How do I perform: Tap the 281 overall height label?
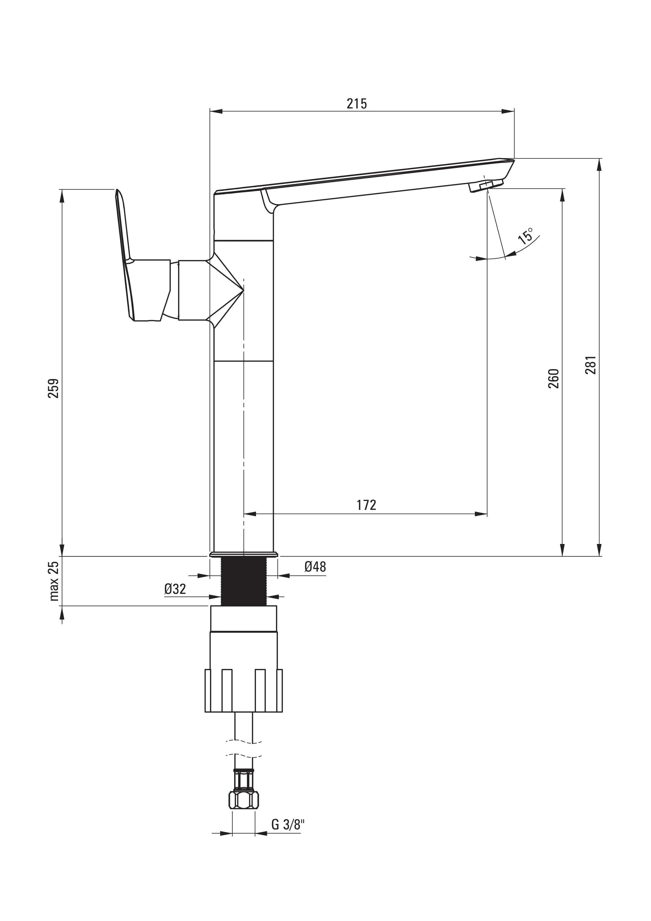click(x=590, y=365)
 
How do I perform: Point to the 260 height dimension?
click(x=553, y=378)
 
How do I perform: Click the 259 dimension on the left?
click(x=54, y=388)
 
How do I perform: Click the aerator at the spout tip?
click(x=486, y=186)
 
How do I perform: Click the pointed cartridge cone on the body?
click(x=227, y=290)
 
